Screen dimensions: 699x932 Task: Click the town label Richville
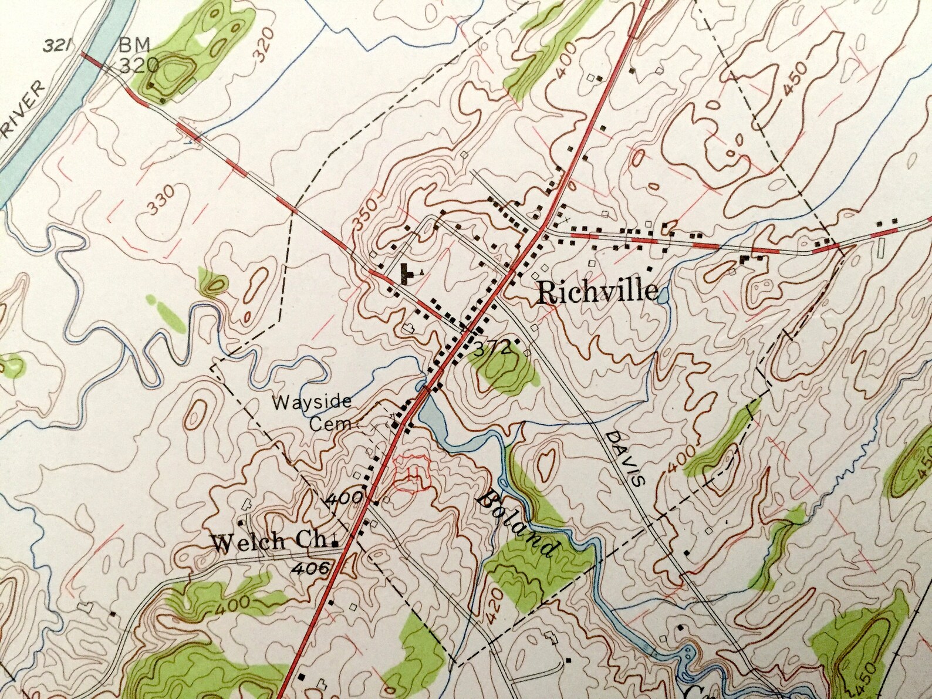coord(597,292)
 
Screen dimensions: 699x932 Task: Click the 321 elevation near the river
coord(57,44)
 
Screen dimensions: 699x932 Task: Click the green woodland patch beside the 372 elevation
coord(504,372)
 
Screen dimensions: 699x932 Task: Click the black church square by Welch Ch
coord(335,544)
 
